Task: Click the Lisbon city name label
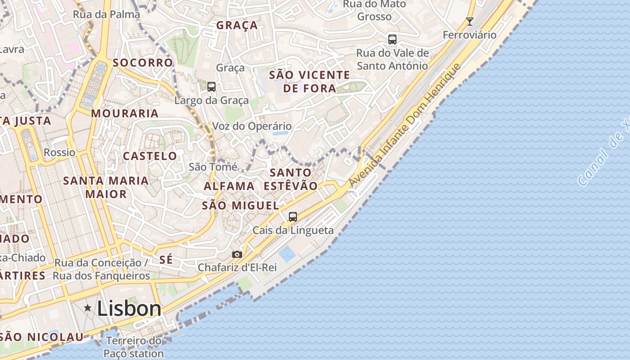[x=129, y=309]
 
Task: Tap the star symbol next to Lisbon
[x=88, y=308]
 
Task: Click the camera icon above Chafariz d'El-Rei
[x=237, y=255]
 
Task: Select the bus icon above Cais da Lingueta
[x=293, y=217]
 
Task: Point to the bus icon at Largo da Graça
[x=211, y=86]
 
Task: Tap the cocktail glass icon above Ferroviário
[x=470, y=21]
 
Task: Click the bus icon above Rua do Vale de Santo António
[x=392, y=39]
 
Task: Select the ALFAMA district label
[x=229, y=186]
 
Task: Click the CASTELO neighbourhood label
[x=150, y=156]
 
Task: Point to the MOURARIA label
[x=125, y=113]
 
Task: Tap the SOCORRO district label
[x=143, y=63]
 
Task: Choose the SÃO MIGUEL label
[x=240, y=206]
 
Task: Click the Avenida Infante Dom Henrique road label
[x=405, y=126]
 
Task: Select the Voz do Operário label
[x=252, y=126]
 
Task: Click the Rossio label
[x=59, y=153]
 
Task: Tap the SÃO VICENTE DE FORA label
[x=310, y=81]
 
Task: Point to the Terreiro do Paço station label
[x=134, y=347]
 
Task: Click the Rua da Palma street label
[x=106, y=14]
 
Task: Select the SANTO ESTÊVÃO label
[x=291, y=179]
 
